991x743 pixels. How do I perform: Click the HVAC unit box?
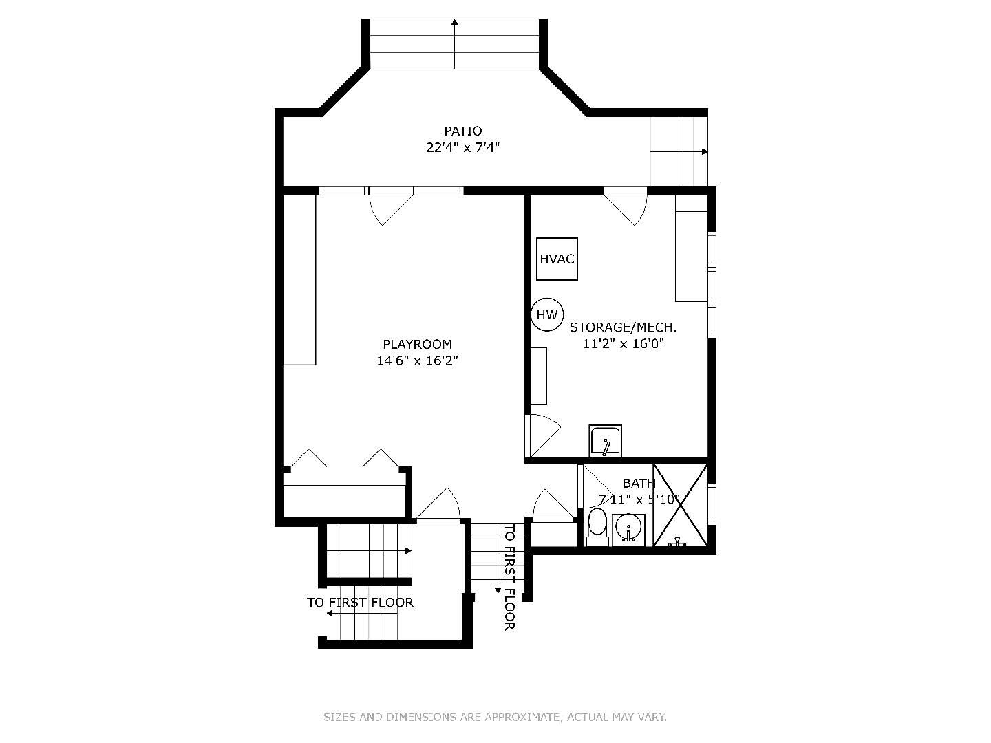(x=557, y=259)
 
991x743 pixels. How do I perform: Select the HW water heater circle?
(x=547, y=314)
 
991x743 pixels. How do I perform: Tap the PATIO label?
(x=462, y=131)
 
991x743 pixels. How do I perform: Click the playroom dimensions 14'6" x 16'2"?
(x=418, y=361)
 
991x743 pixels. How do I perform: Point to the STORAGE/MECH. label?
(x=623, y=327)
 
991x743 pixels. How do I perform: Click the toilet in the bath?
(x=598, y=527)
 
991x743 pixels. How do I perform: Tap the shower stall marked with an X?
(x=681, y=505)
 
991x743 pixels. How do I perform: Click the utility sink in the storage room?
(x=606, y=441)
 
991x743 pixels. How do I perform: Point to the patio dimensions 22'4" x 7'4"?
(x=462, y=147)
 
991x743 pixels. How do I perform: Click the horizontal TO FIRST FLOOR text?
(x=361, y=602)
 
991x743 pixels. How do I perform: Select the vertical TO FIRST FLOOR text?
(x=509, y=577)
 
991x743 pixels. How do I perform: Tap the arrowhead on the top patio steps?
(x=455, y=21)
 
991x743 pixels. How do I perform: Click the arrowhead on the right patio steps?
(x=705, y=151)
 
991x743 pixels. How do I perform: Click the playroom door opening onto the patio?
(x=391, y=208)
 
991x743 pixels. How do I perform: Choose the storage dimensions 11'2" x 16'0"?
(x=623, y=344)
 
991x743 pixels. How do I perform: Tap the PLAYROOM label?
(x=418, y=344)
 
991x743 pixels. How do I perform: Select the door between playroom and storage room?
(x=542, y=435)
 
